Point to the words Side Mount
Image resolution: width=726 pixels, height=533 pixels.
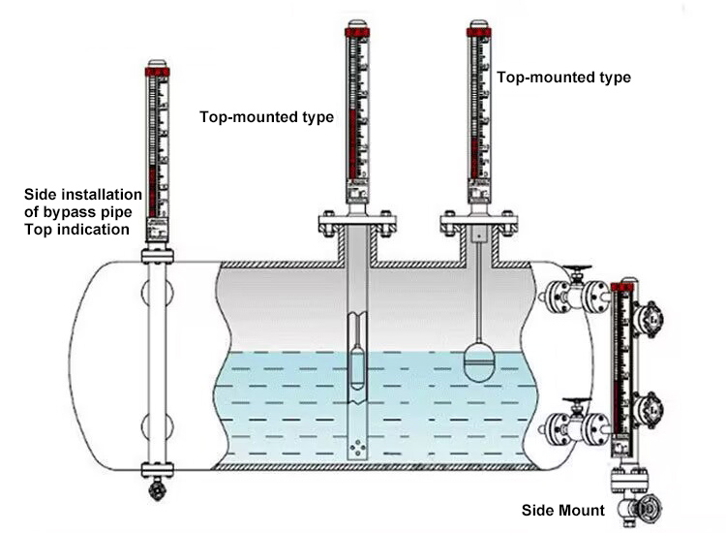click(x=563, y=511)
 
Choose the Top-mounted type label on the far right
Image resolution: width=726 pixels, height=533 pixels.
click(x=563, y=77)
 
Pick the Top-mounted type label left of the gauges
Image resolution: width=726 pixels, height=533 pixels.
click(x=267, y=117)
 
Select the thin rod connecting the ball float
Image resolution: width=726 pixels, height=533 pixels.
click(x=479, y=291)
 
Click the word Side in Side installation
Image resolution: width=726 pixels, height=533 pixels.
click(x=40, y=195)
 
